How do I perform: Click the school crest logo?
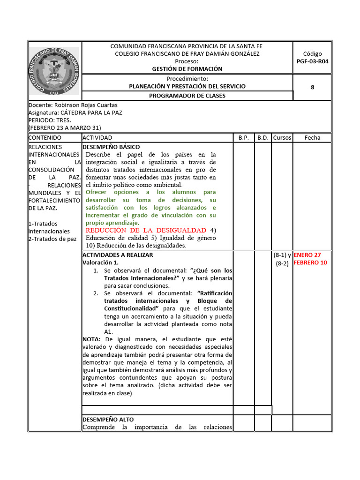[x=54, y=70]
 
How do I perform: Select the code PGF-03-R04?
[x=313, y=61]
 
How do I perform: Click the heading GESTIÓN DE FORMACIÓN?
[x=187, y=68]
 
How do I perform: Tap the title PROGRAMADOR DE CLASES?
[x=187, y=96]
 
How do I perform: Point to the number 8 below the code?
[x=313, y=87]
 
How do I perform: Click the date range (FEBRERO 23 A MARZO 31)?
[x=65, y=127]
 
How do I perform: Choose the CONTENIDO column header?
[x=45, y=138]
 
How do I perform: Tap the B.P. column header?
[x=243, y=138]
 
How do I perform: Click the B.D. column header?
[x=262, y=138]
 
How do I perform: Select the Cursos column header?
[x=282, y=138]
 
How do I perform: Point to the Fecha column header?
[x=313, y=138]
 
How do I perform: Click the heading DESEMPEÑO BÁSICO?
[x=111, y=147]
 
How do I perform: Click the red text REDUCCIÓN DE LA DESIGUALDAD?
[x=146, y=230]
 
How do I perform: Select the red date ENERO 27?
[x=307, y=255]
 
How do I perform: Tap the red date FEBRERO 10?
[x=310, y=262]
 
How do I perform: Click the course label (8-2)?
[x=282, y=263]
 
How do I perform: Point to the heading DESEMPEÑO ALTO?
[x=108, y=420]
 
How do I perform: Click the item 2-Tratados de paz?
[x=52, y=239]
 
